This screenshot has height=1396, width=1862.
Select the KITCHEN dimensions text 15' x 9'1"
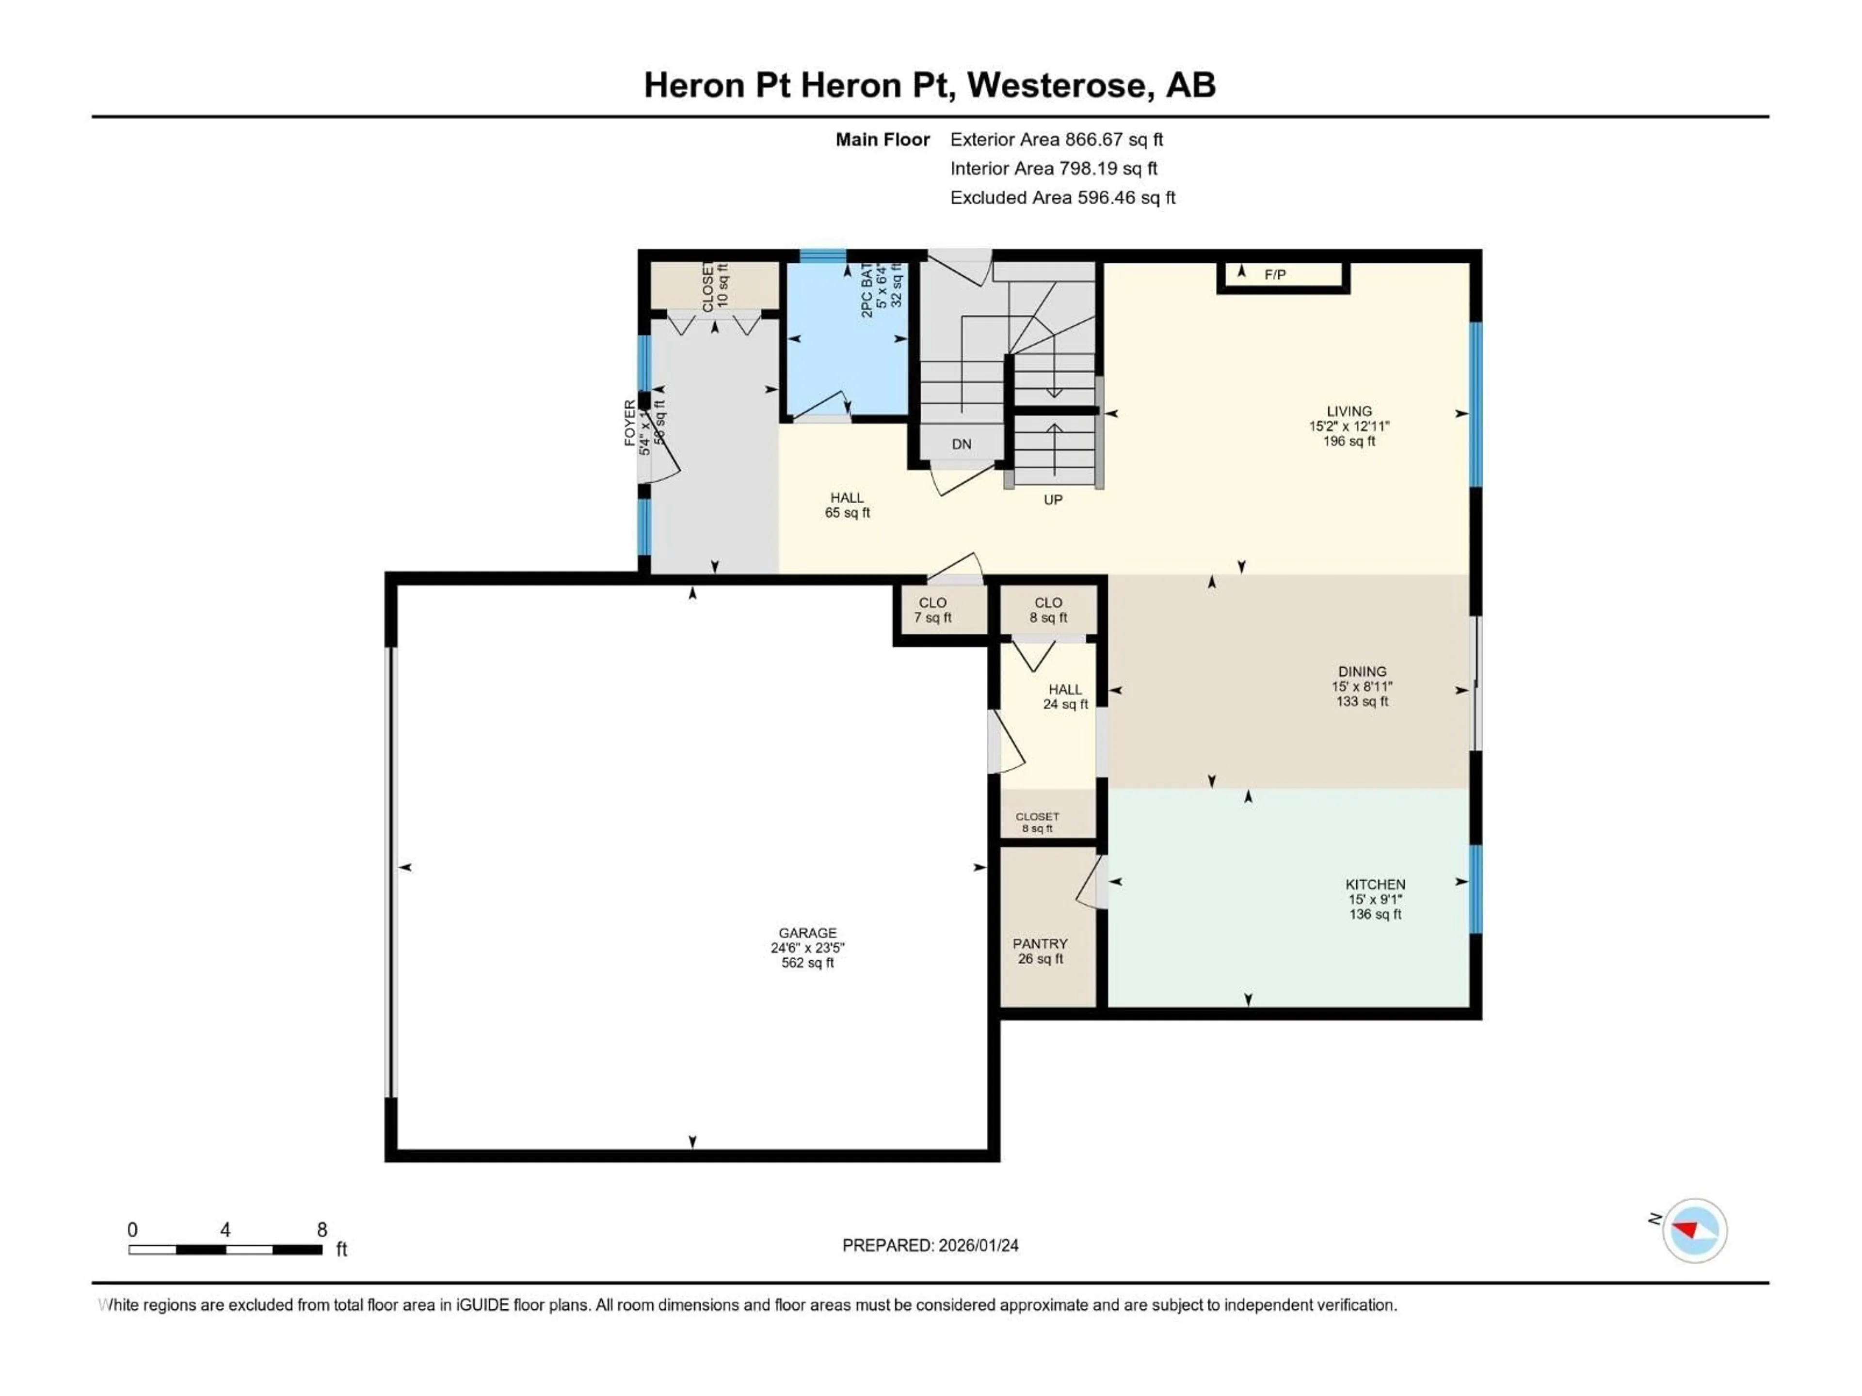pyautogui.click(x=1375, y=899)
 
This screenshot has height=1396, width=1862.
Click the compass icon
pyautogui.click(x=1695, y=1230)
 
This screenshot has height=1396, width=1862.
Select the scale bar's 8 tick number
pyautogui.click(x=321, y=1229)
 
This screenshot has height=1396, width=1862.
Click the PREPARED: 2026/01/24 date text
pyautogui.click(x=930, y=1245)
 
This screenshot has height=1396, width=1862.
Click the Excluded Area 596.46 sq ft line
pyautogui.click(x=1062, y=198)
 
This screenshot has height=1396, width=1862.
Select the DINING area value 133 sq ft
pyautogui.click(x=1362, y=701)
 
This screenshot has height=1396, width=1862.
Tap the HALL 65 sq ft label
pyautogui.click(x=847, y=505)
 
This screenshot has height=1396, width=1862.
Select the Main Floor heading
pyautogui.click(x=882, y=140)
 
